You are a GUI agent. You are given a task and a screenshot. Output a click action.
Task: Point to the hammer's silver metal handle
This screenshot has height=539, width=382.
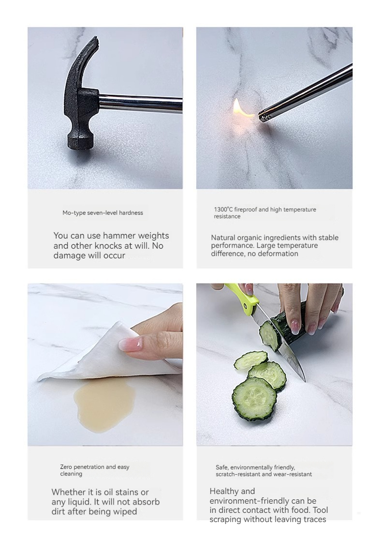[x=141, y=103]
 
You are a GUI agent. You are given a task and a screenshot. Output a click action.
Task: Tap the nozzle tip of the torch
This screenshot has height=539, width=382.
[x=263, y=117]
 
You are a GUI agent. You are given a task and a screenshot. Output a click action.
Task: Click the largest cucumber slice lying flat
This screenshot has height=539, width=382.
[x=254, y=398]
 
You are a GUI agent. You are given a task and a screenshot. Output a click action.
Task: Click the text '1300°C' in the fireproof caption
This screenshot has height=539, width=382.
[x=223, y=210]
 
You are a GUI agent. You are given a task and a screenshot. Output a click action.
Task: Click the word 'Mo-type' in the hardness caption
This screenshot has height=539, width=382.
[x=74, y=213]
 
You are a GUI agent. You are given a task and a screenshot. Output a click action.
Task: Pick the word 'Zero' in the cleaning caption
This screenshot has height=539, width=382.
[x=66, y=467]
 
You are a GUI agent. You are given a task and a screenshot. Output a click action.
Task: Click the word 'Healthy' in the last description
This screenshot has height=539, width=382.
[x=222, y=492]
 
